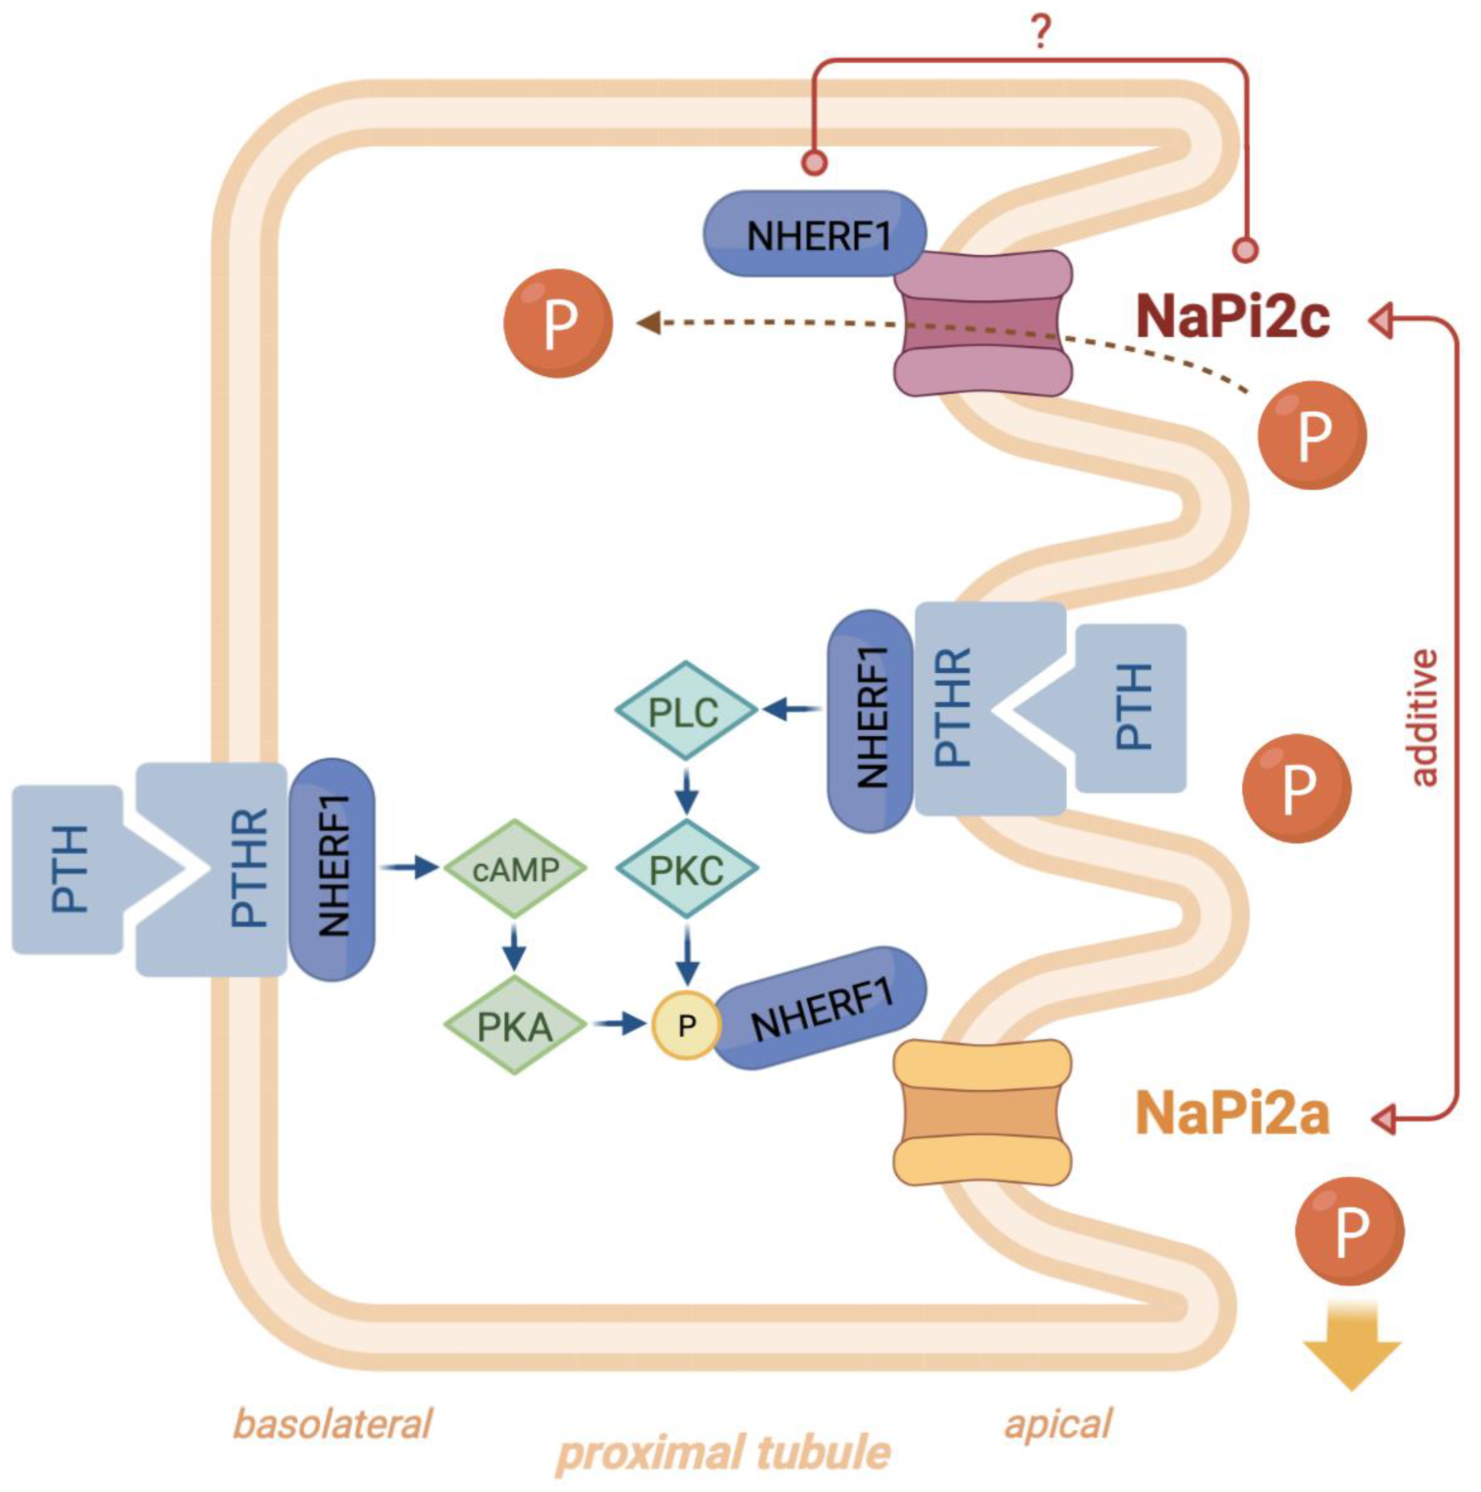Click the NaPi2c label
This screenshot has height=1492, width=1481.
coord(1233,316)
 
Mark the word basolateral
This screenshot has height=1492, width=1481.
coord(332,1423)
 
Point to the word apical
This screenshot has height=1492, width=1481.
coord(1058,1423)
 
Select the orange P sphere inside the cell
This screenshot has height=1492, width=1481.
coord(558,323)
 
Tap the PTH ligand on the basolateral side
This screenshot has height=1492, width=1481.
coord(68,870)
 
